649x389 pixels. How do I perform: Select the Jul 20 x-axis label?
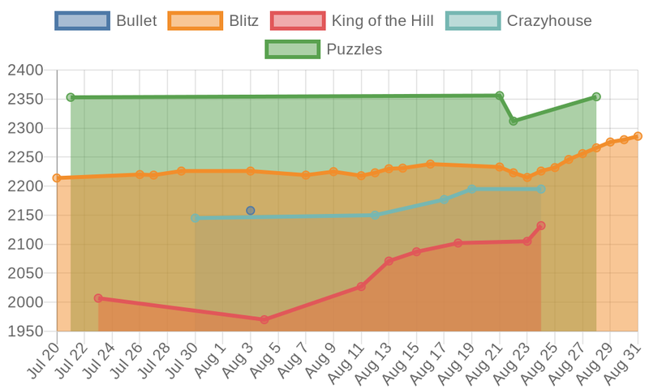45,361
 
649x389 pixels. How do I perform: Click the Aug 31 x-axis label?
625,361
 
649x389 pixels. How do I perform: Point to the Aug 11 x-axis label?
348,361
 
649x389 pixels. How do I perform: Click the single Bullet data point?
251,211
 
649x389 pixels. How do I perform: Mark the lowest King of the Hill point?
264,320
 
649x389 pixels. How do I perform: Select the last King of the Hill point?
541,225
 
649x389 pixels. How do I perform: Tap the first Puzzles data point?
71,97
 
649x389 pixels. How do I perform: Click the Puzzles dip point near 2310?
514,121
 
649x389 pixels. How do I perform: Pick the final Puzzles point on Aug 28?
596,97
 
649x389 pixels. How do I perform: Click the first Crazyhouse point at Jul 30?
195,218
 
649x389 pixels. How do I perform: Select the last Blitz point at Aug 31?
638,136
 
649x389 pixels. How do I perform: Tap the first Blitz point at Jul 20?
57,177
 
